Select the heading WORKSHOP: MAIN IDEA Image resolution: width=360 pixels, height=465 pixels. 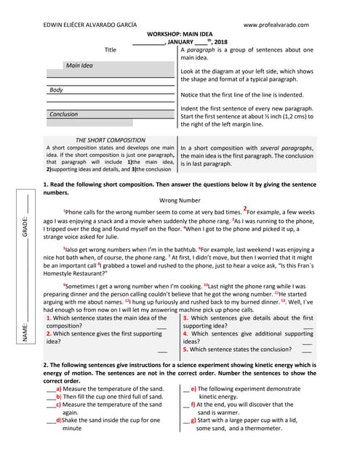[x=180, y=34]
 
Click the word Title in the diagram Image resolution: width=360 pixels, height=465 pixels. [x=111, y=50]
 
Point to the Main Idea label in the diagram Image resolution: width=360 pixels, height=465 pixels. [x=79, y=65]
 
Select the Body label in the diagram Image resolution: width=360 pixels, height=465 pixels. [x=56, y=90]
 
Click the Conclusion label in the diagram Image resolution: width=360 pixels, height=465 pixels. [x=63, y=114]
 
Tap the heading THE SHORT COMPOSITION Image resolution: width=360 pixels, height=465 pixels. [x=110, y=140]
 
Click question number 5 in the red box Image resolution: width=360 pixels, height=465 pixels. [x=185, y=349]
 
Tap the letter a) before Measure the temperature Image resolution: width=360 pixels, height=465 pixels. [x=59, y=389]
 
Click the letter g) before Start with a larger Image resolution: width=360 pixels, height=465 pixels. [x=193, y=419]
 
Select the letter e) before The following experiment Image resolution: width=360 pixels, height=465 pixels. [x=193, y=389]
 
